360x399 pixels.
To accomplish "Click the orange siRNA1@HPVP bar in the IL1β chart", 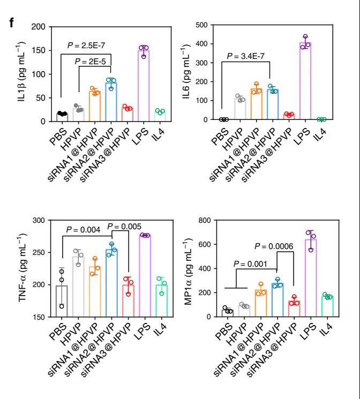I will (95, 107).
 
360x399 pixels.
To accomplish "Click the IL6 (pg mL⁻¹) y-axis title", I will (191, 73).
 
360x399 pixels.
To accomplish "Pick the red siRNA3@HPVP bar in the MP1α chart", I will (294, 309).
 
